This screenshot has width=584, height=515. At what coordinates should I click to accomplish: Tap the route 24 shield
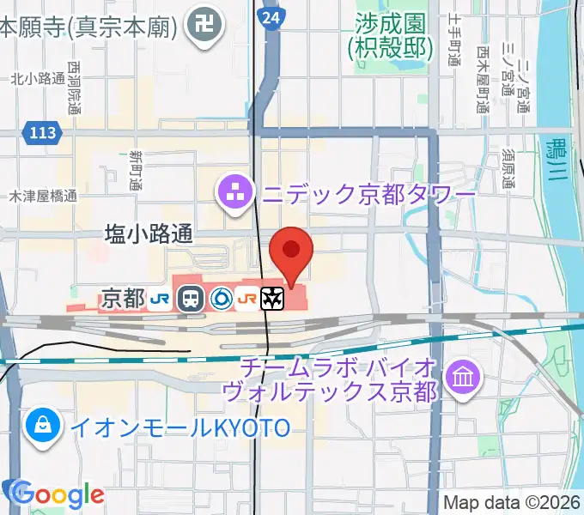[271, 16]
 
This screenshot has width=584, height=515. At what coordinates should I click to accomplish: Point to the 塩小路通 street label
[149, 233]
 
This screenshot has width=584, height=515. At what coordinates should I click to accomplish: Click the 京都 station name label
[123, 299]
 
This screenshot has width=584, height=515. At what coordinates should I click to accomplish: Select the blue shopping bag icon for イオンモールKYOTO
[41, 426]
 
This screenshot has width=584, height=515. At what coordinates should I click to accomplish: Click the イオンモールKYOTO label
[180, 427]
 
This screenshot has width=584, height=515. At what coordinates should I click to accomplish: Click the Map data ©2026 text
[512, 502]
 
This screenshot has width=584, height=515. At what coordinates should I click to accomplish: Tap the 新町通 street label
[136, 170]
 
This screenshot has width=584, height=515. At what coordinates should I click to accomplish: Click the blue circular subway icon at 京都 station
[221, 299]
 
